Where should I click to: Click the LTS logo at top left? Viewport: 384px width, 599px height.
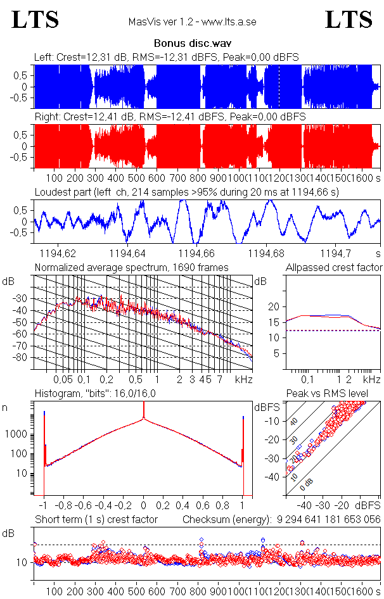(x=35, y=20)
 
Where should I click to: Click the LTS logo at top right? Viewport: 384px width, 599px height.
(x=349, y=20)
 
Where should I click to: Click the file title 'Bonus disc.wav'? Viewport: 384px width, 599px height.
(x=191, y=45)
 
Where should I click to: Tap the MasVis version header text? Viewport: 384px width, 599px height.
(x=191, y=22)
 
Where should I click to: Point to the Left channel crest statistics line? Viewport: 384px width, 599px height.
(x=167, y=57)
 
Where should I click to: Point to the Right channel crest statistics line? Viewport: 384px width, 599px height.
(x=169, y=117)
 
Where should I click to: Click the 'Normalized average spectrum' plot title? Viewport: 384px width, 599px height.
(x=131, y=267)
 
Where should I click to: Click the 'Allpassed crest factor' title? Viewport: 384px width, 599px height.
(x=334, y=267)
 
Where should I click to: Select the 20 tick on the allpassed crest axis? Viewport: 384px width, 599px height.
(x=274, y=306)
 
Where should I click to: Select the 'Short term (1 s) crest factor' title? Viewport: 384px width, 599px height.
(x=96, y=519)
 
